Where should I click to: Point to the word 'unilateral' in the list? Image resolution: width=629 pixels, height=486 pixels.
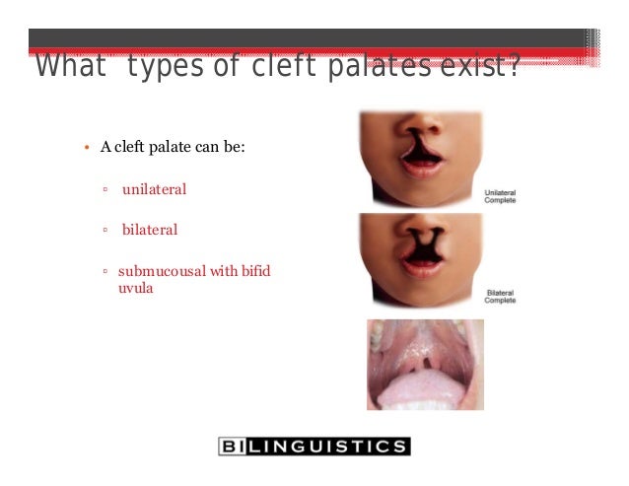tap(154, 188)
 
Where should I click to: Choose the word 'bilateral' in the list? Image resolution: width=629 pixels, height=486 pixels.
tap(150, 230)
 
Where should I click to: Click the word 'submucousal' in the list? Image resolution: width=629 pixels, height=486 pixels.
tap(162, 271)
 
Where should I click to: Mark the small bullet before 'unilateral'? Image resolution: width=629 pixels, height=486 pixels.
tap(105, 189)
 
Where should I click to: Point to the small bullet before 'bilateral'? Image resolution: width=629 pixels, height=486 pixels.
tap(105, 231)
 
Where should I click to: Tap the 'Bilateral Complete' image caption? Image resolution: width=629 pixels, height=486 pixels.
tap(499, 297)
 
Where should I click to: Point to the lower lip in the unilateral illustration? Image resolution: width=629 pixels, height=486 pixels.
tap(421, 169)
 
